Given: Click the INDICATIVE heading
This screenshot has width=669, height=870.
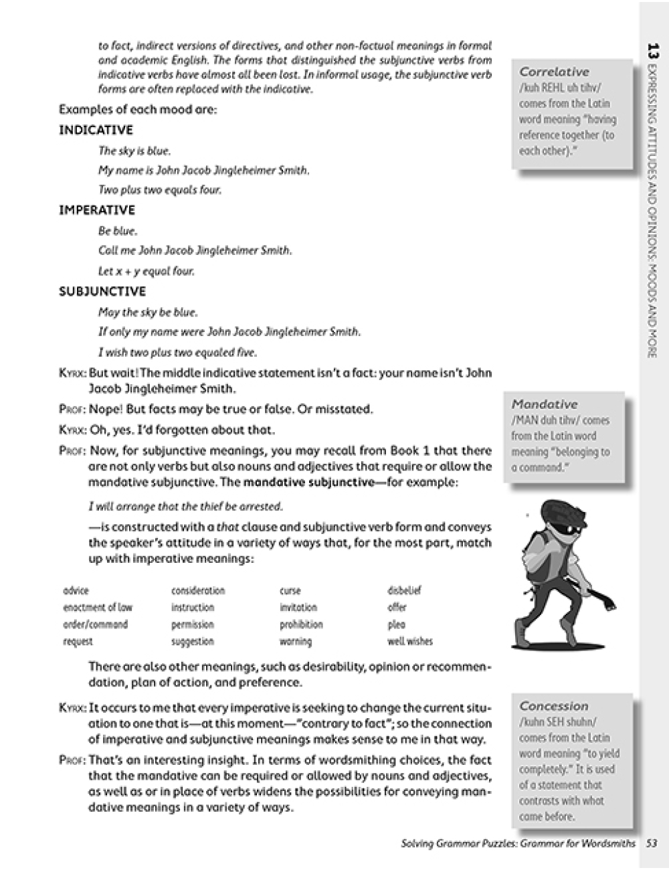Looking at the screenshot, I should pos(96,130).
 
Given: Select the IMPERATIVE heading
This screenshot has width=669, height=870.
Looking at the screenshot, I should pos(97,210).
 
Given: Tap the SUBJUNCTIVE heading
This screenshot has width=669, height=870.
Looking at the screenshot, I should pos(102,291).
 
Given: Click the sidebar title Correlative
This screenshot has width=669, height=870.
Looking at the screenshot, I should pos(554,72).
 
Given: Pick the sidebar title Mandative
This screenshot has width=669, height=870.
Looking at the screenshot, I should pos(544,404).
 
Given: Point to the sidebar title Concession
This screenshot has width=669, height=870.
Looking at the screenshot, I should pos(553,706).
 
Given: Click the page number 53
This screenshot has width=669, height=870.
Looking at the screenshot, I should pos(652,843).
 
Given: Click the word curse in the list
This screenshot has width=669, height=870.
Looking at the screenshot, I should pos(290,591).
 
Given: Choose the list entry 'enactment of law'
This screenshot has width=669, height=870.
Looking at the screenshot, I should pos(98,608).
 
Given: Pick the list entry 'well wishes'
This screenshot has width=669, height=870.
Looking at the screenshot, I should pos(409,641).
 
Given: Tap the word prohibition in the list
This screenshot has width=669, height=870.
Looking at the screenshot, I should pos(301,624).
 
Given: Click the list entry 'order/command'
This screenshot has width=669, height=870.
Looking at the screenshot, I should pos(95,624).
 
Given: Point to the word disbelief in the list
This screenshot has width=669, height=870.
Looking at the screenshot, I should pos(404,591).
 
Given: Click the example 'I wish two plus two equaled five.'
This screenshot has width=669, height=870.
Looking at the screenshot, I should pos(177,352).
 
